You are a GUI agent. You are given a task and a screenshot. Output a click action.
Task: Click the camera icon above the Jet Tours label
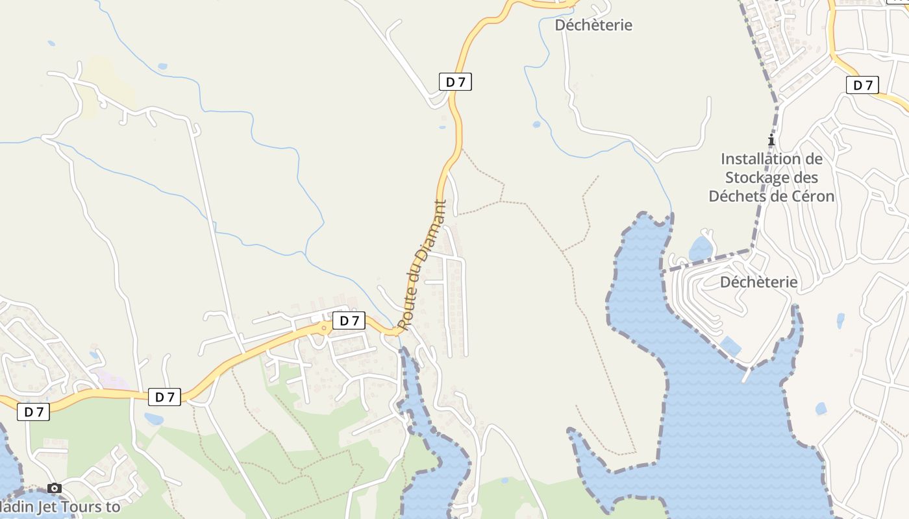55,488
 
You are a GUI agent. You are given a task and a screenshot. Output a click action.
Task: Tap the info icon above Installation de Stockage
771,139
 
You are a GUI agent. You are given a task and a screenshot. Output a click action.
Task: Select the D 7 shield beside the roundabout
349,320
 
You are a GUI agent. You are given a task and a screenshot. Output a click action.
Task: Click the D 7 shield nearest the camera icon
34,412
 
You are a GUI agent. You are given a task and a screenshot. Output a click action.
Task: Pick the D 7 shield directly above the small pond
164,397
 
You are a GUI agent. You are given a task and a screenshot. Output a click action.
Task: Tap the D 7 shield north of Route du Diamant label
455,82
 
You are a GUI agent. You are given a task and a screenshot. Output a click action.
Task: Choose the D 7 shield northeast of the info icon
862,85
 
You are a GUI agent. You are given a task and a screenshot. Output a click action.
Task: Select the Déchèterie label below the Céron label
758,282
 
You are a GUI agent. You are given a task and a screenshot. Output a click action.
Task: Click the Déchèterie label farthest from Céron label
593,25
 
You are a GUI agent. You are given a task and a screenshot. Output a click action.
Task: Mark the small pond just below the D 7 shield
154,419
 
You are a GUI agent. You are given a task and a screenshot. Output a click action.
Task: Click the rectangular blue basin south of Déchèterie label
730,346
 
